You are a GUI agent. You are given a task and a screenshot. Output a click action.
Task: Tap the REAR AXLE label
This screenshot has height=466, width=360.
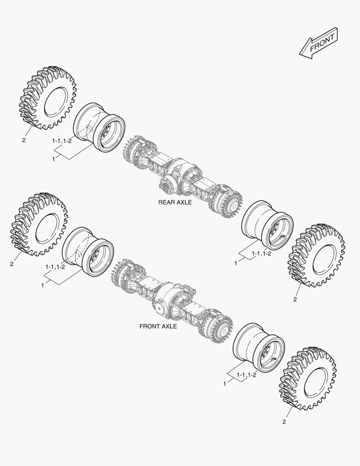175,202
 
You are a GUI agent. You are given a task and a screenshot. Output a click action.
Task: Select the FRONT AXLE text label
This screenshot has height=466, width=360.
158,326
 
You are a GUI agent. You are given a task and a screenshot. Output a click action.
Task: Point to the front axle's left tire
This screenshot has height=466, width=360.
38,224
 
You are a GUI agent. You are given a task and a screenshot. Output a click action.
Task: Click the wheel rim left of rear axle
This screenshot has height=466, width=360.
99,127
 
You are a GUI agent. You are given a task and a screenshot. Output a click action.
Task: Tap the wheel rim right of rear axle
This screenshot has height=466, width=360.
267,225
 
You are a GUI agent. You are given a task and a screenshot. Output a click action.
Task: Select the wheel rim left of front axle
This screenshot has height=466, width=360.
88,251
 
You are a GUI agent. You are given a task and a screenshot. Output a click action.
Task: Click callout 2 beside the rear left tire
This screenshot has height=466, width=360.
24,140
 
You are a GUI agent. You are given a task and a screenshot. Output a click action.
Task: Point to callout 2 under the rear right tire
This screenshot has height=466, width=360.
295,299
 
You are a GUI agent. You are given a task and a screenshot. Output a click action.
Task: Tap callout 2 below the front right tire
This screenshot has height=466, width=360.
284,422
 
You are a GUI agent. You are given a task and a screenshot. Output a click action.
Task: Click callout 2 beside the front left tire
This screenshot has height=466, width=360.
12,264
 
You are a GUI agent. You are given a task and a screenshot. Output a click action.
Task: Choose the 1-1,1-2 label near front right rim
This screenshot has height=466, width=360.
246,375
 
